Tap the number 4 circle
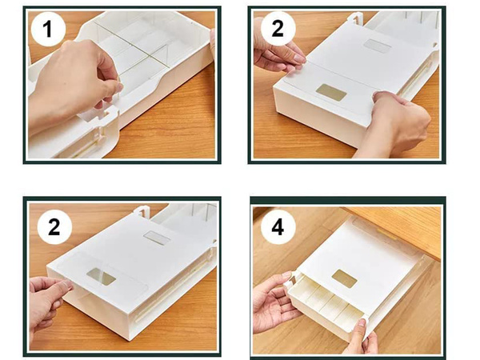tap(277, 226)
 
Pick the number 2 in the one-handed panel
tap(54, 226)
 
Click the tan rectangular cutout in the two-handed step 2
tap(331, 92)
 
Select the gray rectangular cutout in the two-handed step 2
tap(377, 46)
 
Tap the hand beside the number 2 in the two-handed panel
tap(276, 56)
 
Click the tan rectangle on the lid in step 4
tap(344, 278)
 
